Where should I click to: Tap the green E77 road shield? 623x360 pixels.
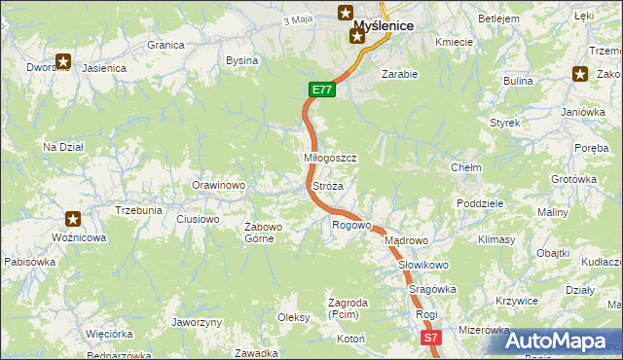(323, 90)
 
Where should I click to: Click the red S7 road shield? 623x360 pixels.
(432, 338)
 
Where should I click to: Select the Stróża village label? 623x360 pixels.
(327, 185)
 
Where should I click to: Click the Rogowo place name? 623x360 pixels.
(351, 226)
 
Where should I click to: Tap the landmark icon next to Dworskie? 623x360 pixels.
(64, 61)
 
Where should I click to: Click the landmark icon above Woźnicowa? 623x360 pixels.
(72, 219)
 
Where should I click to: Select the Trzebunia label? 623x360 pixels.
(138, 210)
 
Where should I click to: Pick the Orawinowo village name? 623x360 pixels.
(218, 185)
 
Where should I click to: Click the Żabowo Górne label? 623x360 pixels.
(263, 233)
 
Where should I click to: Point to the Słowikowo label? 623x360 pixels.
(422, 265)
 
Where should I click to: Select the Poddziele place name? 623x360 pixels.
(479, 203)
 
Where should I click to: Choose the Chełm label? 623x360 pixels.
(466, 167)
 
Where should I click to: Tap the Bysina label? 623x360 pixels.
(241, 60)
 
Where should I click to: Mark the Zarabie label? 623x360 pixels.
(399, 74)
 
